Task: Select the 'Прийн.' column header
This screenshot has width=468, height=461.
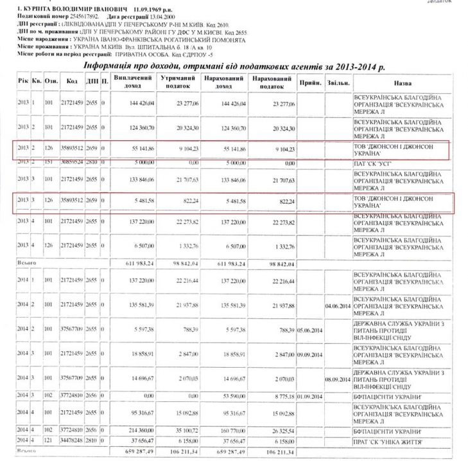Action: tap(310, 83)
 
